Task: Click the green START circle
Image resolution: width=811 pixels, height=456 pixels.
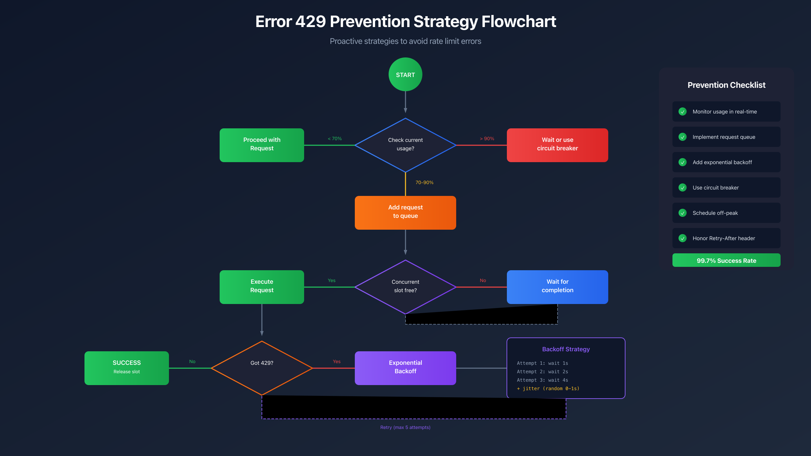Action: [x=405, y=74]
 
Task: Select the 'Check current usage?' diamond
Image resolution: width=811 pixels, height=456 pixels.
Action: [x=405, y=145]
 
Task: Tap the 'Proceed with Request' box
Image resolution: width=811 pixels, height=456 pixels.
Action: [x=262, y=145]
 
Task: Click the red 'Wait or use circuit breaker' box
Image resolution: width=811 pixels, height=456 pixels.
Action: [x=557, y=145]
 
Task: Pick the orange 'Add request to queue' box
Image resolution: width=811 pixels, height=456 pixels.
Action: [x=405, y=212]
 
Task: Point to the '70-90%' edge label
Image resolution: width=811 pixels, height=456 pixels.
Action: [x=424, y=182]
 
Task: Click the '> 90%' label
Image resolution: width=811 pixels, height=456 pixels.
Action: [x=487, y=138]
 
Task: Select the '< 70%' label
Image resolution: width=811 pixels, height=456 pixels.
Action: [x=335, y=138]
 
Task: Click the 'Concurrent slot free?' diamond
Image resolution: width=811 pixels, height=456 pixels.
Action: [x=405, y=286]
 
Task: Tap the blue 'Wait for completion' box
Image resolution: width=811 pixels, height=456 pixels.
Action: [x=557, y=287]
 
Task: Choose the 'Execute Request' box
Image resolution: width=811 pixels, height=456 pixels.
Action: [x=262, y=287]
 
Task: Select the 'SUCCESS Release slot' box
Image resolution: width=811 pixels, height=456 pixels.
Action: [x=126, y=368]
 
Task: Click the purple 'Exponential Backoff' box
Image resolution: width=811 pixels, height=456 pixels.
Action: [x=405, y=368]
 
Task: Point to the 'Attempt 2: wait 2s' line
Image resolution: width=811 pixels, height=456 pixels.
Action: [x=542, y=372]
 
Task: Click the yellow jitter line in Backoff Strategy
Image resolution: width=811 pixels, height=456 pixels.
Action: [x=548, y=388]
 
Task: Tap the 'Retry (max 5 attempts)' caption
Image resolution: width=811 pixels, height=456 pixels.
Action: [x=405, y=427]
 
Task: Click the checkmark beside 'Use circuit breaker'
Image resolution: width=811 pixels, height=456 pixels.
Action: [x=682, y=187]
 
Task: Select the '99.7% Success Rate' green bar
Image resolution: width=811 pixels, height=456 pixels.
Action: [x=726, y=260]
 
